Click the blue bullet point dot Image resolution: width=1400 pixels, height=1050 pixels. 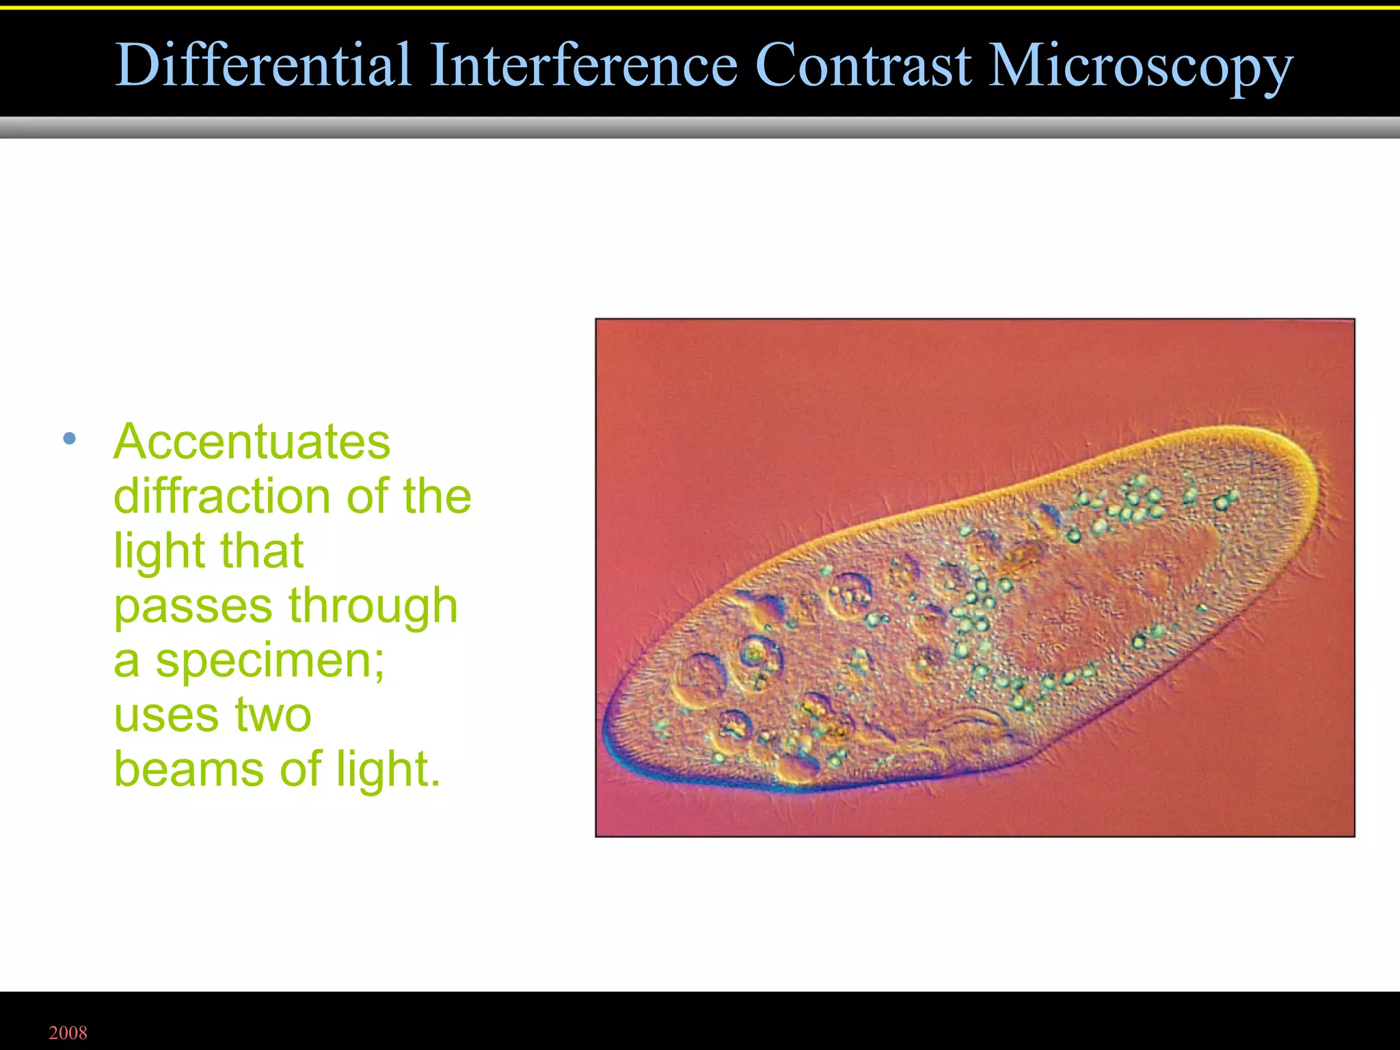[x=69, y=439]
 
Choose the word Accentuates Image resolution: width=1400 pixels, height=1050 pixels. [x=252, y=442]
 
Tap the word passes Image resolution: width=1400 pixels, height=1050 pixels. [x=193, y=607]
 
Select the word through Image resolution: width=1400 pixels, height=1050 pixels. [x=373, y=607]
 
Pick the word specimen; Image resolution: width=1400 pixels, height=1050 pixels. [x=270, y=662]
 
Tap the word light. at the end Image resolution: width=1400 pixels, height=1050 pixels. [x=388, y=770]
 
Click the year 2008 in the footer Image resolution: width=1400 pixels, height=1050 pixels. [x=68, y=1033]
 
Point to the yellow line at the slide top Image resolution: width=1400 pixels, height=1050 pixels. [x=700, y=8]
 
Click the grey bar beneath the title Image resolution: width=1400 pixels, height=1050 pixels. [x=700, y=127]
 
